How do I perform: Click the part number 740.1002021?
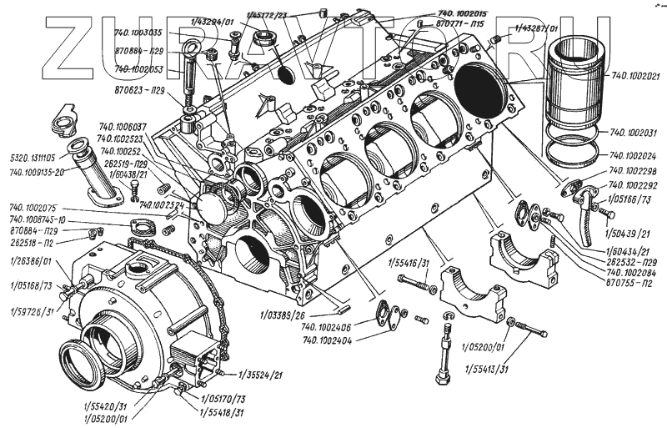point(635,74)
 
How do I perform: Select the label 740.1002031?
point(634,133)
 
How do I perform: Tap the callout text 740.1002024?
point(634,155)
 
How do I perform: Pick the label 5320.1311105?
point(33,156)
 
